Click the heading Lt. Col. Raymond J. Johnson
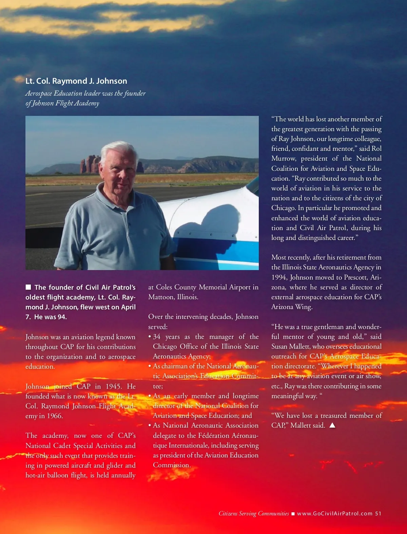(76, 81)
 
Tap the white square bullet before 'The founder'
(28, 287)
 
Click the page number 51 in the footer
(378, 513)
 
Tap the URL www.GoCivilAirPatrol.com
(334, 513)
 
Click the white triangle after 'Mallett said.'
(332, 425)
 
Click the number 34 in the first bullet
(157, 337)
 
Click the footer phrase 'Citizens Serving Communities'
(254, 513)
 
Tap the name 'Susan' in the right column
(280, 347)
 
